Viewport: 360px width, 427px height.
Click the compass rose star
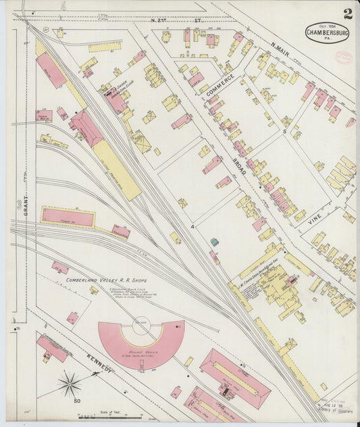[69, 384]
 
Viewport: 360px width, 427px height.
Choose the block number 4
[192, 226]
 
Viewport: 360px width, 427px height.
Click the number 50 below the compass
[77, 401]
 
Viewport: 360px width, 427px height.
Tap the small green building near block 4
[214, 242]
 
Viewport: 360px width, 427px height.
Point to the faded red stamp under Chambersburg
[343, 57]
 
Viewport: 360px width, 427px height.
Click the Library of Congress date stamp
[336, 405]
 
